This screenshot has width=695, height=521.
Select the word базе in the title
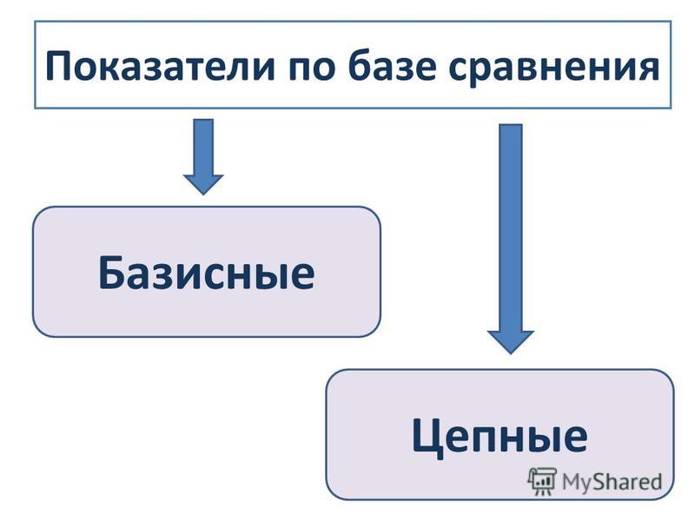click(392, 67)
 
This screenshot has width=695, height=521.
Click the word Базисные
click(207, 274)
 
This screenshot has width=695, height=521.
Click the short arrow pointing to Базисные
click(203, 157)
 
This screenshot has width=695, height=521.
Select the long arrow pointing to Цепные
click(511, 239)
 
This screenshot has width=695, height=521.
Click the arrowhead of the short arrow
click(203, 184)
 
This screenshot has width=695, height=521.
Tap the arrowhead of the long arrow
click(511, 341)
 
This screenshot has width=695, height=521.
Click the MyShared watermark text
click(612, 482)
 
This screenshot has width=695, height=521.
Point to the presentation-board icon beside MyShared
click(542, 481)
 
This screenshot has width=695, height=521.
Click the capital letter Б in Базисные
click(111, 273)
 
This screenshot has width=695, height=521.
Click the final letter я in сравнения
click(647, 69)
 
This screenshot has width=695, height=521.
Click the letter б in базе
click(360, 66)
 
